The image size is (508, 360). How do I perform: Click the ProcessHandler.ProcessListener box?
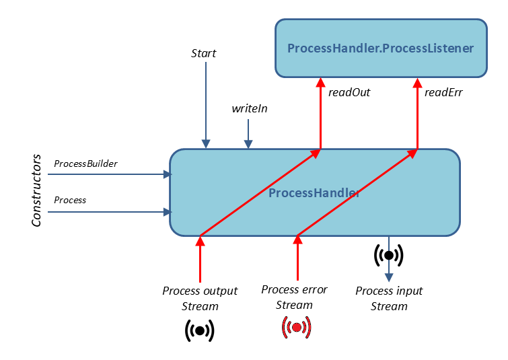tap(381, 48)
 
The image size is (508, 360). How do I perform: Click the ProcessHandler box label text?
tap(314, 193)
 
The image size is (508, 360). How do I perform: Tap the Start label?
tap(204, 52)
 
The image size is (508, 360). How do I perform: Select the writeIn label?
tap(250, 108)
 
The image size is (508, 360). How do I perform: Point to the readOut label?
tap(349, 92)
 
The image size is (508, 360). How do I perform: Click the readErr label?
tap(443, 92)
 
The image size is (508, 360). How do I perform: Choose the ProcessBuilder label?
tap(85, 164)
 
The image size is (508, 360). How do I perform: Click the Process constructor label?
tap(70, 200)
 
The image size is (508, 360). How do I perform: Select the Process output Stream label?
tap(200, 298)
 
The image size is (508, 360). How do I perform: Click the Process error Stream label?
tap(294, 297)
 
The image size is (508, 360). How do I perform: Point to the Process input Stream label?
tap(389, 298)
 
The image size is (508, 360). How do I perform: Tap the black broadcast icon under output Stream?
tap(200, 330)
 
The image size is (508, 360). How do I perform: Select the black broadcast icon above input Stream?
tap(388, 254)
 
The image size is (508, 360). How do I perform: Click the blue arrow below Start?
tap(205, 108)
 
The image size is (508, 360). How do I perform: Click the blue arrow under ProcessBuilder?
tap(108, 174)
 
